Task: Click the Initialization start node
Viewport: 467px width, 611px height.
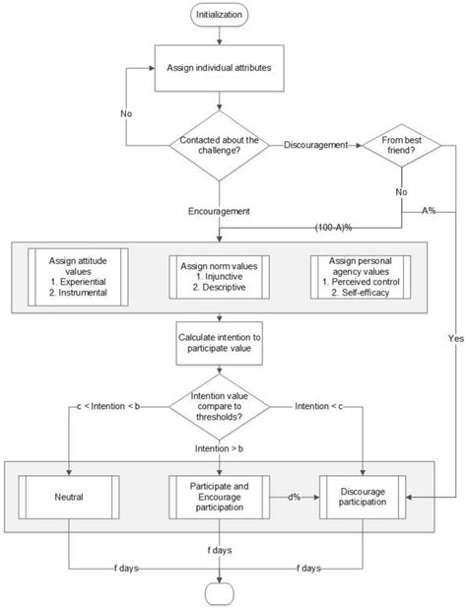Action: pos(220,16)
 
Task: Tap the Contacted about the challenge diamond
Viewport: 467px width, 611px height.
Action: pos(219,146)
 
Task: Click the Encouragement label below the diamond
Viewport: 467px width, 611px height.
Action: pos(219,210)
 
